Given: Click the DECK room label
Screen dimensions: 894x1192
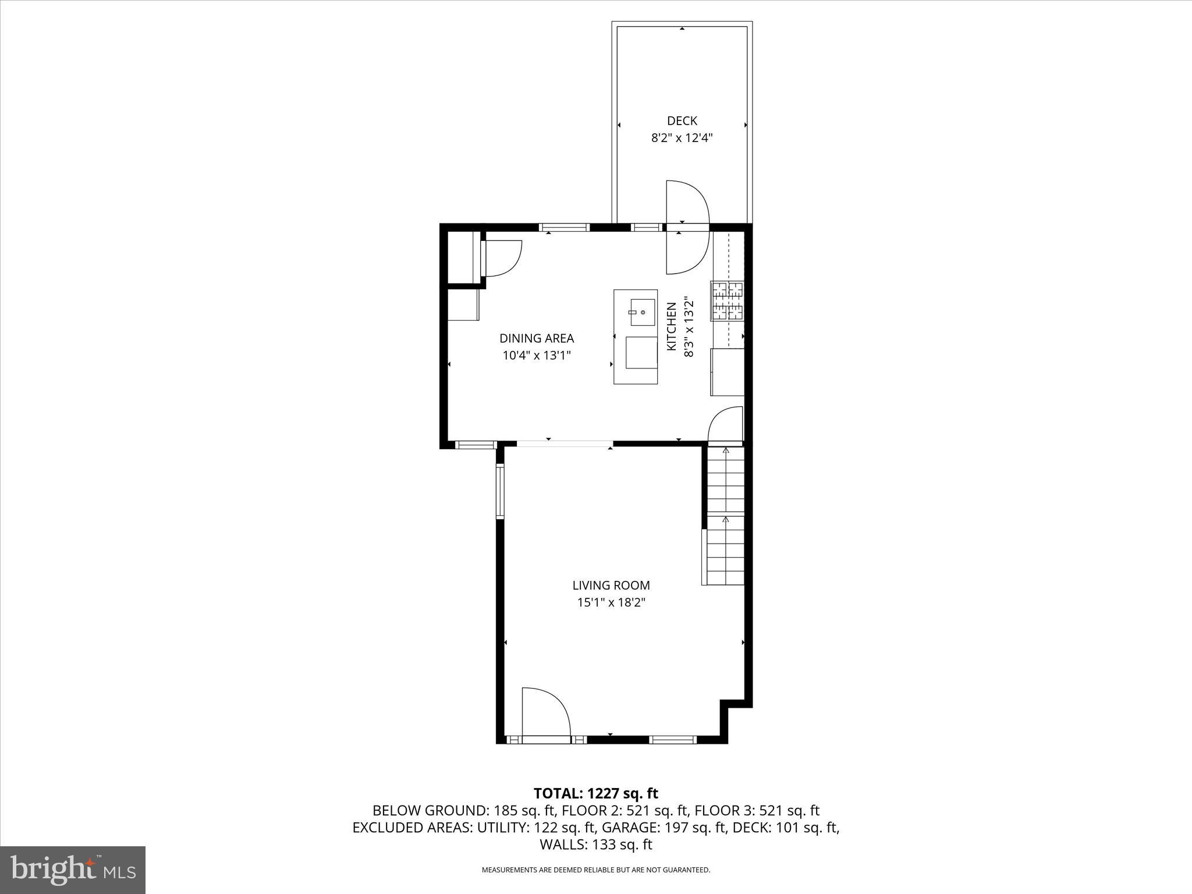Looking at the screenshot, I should click(x=682, y=121).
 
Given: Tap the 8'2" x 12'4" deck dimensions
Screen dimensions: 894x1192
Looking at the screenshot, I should click(x=682, y=139).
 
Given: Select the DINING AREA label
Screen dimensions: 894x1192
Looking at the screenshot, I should click(x=537, y=338).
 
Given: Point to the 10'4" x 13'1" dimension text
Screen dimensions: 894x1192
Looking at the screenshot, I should click(x=537, y=356).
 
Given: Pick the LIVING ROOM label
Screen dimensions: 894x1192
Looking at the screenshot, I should click(x=611, y=586).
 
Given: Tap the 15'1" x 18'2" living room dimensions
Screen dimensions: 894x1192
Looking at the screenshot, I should click(x=611, y=603).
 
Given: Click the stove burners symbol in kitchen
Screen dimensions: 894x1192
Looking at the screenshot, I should click(x=727, y=301).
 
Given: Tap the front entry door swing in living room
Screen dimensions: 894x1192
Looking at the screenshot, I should click(x=545, y=713).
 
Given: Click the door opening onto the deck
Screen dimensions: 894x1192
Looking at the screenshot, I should click(x=687, y=204).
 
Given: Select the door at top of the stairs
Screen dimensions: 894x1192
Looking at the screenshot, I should click(x=725, y=425).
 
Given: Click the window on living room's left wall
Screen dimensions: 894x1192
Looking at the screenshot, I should click(x=499, y=491).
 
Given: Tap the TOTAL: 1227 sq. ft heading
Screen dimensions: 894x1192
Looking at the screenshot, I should click(x=595, y=793).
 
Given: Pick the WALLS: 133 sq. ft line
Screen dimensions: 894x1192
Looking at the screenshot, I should click(x=595, y=845).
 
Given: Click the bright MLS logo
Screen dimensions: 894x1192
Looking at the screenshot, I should click(x=73, y=870).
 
